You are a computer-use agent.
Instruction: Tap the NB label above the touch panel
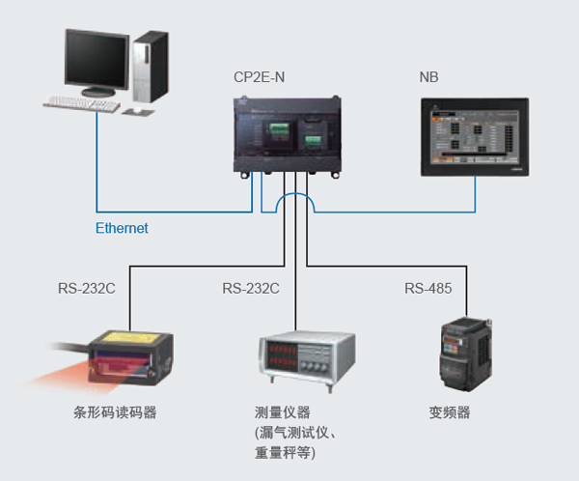coord(428,77)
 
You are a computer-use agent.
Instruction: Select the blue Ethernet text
coord(122,228)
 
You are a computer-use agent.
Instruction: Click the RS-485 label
coord(427,288)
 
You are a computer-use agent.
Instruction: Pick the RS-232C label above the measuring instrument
coord(250,288)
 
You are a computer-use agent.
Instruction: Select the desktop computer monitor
coord(96,60)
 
